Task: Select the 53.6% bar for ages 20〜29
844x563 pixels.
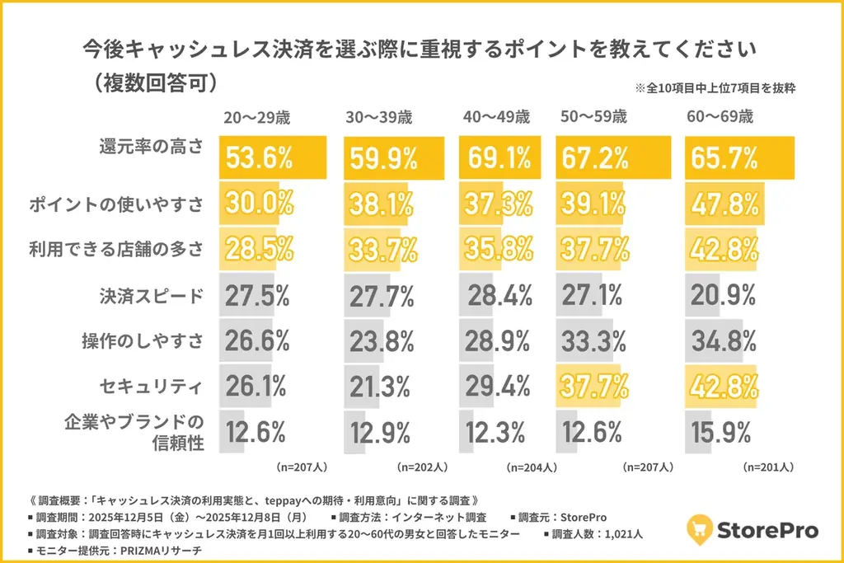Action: click(272, 157)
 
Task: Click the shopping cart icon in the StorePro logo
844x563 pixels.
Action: click(702, 529)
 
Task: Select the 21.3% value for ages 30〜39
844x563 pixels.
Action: click(381, 384)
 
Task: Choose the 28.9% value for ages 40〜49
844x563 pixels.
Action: click(499, 340)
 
